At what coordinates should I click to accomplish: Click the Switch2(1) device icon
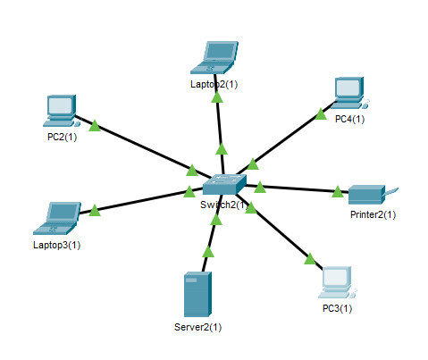pos(224,184)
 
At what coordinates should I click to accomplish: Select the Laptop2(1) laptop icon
pos(214,57)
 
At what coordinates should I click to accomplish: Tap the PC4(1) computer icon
pos(349,93)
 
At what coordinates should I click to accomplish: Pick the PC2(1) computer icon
pos(62,111)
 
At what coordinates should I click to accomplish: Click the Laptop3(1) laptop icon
pos(57,218)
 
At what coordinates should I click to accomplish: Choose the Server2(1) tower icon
pos(197,294)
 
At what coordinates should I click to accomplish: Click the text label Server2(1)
pos(198,327)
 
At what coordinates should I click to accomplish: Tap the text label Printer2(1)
pos(373,214)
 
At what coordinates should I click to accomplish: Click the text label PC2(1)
pos(62,137)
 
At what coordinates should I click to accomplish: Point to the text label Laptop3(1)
pos(57,245)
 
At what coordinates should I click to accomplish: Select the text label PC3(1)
pos(337,308)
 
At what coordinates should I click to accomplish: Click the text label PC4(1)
pos(349,119)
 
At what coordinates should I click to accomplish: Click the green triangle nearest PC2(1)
pos(95,125)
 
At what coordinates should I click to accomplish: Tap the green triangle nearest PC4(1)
pos(321,114)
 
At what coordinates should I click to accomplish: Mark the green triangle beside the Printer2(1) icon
pos(338,191)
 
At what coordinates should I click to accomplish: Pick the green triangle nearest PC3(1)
pos(310,259)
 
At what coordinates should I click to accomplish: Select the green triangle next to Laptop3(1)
pos(95,210)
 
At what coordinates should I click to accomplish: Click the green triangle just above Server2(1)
pos(208,251)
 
